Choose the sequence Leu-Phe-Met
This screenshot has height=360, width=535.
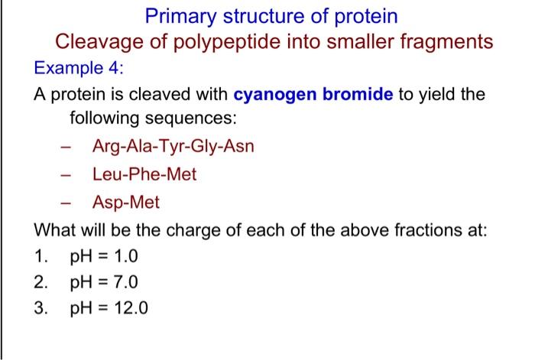[144, 174]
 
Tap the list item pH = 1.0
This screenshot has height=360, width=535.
[103, 256]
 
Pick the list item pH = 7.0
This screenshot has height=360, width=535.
[103, 283]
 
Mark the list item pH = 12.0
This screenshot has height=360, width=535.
[108, 310]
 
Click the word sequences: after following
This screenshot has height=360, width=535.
[197, 119]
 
